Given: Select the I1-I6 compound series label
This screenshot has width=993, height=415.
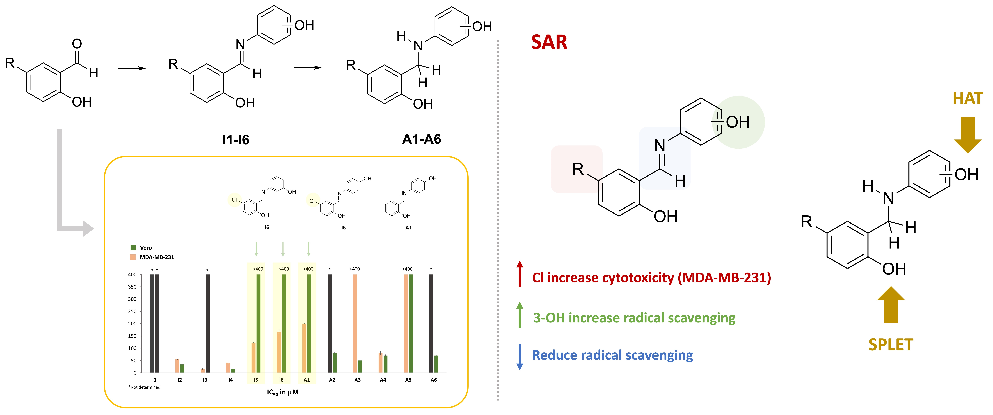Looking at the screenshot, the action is [x=236, y=139].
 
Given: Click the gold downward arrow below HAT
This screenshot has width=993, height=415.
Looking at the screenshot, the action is [x=968, y=135].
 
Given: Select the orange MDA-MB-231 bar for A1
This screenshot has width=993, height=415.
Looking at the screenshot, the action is [x=304, y=348].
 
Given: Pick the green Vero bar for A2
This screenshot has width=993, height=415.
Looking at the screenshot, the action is [x=335, y=363].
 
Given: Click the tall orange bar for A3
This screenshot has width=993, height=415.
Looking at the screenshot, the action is [x=355, y=323].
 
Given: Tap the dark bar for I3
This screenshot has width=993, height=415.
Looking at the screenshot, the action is [x=208, y=323].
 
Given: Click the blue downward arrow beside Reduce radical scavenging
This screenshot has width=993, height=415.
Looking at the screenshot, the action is [x=520, y=357].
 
